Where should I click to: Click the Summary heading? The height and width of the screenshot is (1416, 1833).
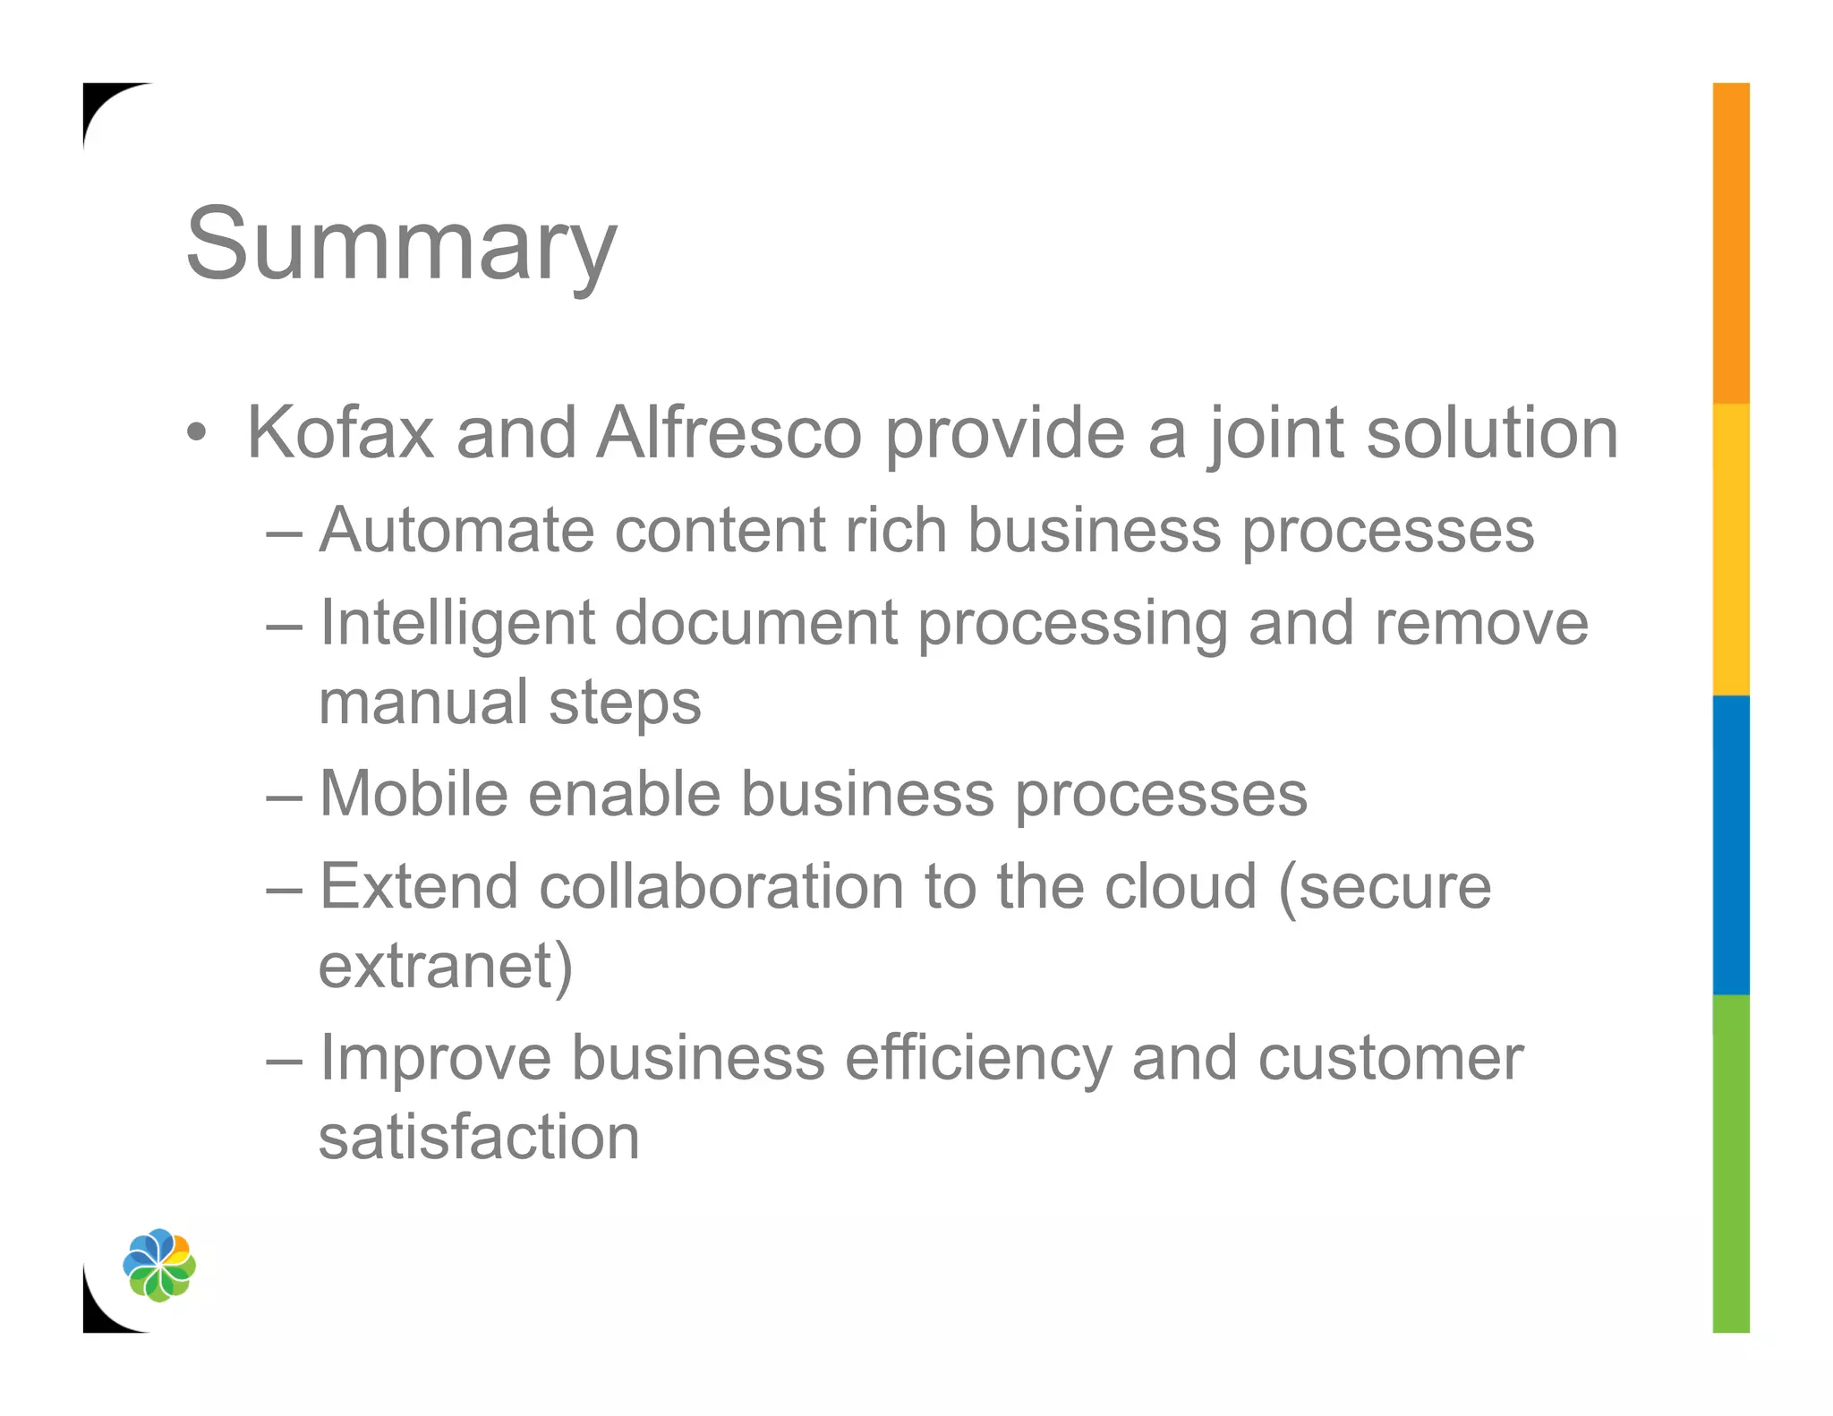401,243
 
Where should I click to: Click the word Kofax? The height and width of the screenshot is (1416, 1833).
340,433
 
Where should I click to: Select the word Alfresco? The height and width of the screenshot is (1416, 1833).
729,433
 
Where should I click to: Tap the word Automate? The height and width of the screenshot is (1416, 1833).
456,530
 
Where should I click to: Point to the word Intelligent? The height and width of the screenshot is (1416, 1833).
456,623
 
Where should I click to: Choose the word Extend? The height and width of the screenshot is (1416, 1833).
419,886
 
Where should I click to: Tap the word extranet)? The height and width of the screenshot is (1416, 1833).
446,967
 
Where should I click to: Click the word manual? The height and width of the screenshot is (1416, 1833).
423,703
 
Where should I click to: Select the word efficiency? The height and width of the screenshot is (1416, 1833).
977,1060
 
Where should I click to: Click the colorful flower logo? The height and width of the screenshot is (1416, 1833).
159,1265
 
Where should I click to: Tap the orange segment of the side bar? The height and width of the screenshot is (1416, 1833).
1730,242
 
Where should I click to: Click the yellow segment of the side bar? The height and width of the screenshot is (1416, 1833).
1730,548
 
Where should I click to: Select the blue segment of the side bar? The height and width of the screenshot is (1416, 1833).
1730,843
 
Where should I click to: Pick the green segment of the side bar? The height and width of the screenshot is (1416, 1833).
1730,1164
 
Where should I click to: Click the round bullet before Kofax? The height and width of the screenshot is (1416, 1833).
197,434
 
